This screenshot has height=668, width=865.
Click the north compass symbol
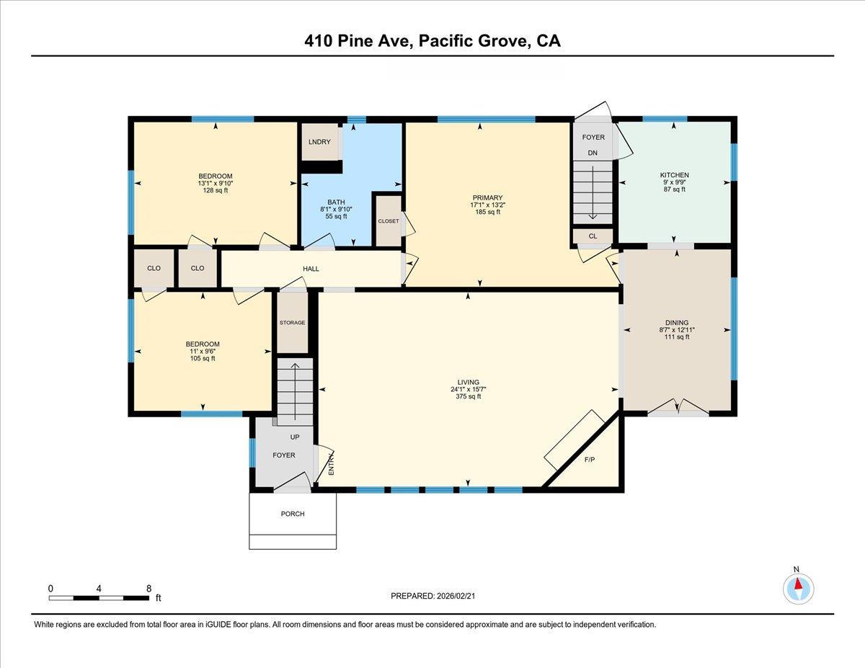(x=797, y=588)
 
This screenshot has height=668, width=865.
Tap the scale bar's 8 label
(x=148, y=588)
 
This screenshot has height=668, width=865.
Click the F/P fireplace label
(x=589, y=458)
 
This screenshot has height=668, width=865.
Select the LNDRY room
(x=319, y=142)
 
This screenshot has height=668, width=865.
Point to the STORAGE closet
(x=293, y=323)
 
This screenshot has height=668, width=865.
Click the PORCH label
(x=293, y=514)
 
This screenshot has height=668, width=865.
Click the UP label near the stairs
(x=295, y=437)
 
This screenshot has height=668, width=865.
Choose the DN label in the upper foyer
(x=593, y=153)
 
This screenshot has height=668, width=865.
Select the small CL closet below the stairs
(x=593, y=236)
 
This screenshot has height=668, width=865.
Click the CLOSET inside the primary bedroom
(x=388, y=221)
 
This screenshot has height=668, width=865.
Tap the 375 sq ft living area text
(x=468, y=397)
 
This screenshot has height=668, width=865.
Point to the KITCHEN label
(x=674, y=175)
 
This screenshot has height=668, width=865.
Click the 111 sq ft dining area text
(x=677, y=337)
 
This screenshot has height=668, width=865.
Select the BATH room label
(x=335, y=202)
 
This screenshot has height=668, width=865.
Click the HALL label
(x=311, y=269)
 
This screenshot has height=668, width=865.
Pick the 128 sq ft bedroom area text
(x=216, y=190)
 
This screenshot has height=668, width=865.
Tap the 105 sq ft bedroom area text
(x=203, y=358)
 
